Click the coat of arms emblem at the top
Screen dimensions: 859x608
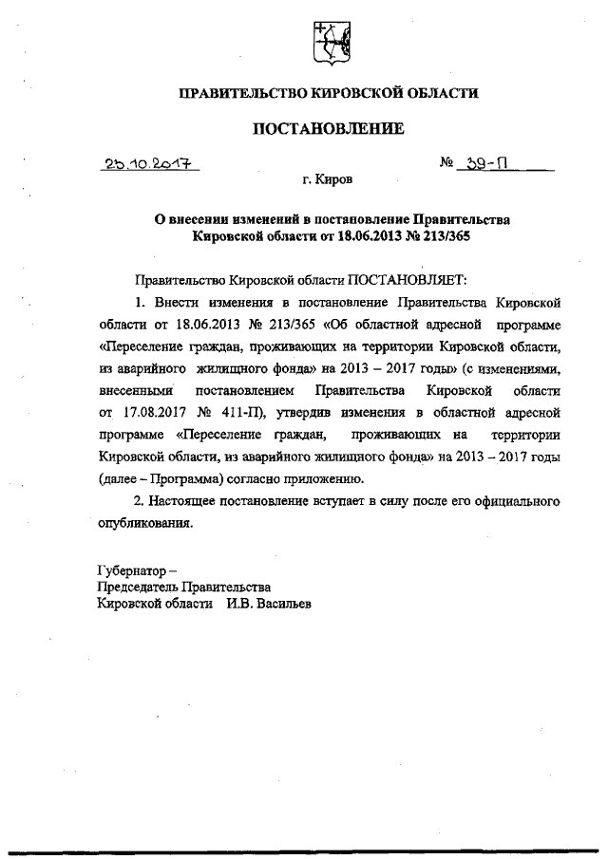tap(330, 43)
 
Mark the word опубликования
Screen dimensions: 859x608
tap(144, 522)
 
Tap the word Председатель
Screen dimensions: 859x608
tap(136, 588)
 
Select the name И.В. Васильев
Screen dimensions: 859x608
tap(269, 604)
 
